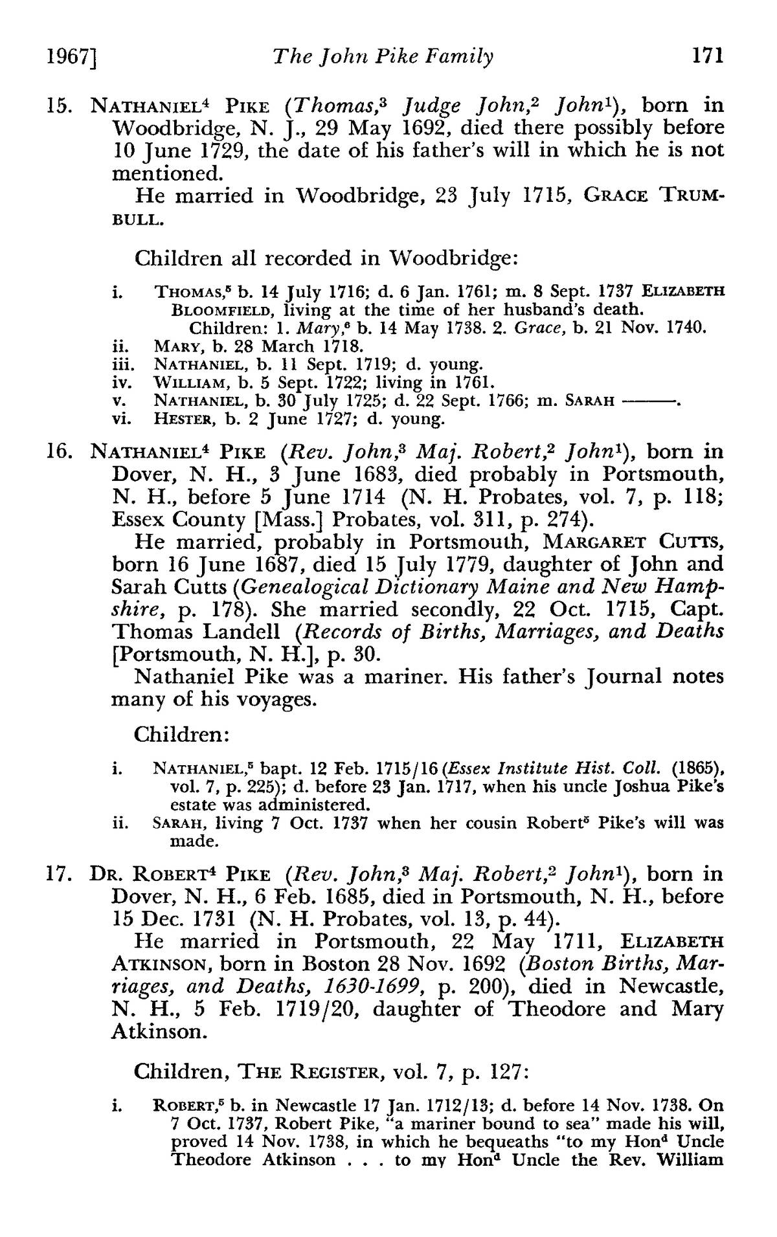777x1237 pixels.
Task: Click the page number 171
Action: pos(706,56)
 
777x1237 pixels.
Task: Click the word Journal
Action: pos(622,677)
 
